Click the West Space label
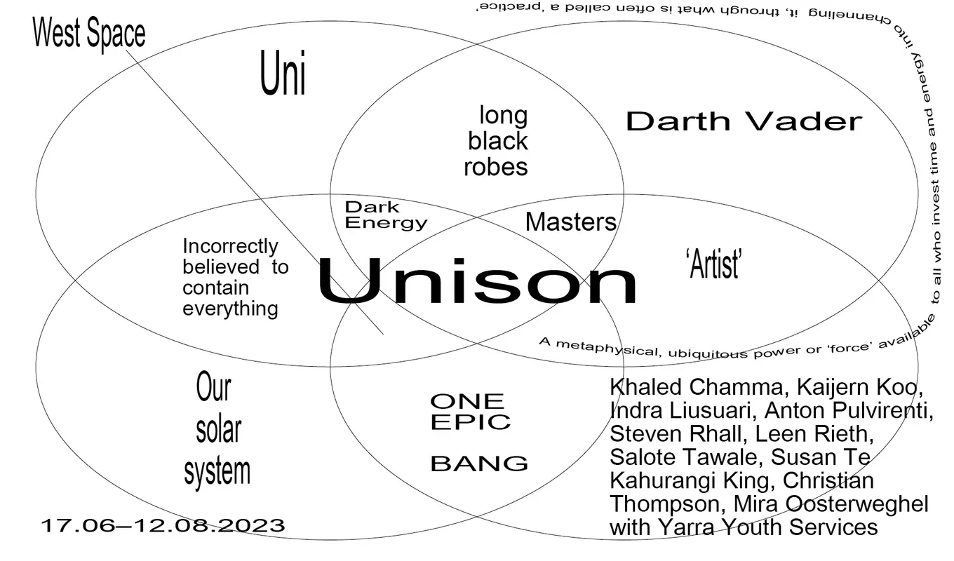click(x=89, y=34)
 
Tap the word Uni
click(x=283, y=75)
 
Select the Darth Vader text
click(x=743, y=121)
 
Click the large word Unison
click(x=477, y=281)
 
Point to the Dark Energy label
click(x=385, y=215)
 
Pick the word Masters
click(x=570, y=222)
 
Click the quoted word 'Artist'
click(x=713, y=265)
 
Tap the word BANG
click(x=478, y=464)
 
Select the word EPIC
click(x=470, y=422)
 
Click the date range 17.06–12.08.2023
click(x=163, y=525)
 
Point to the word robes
click(x=495, y=167)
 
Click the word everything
click(x=230, y=309)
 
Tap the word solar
click(x=218, y=429)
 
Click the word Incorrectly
click(x=230, y=247)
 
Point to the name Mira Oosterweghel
click(x=831, y=503)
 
